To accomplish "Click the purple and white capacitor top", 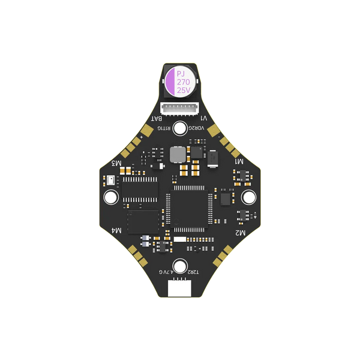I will click(180, 81).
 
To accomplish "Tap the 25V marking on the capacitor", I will click(182, 90).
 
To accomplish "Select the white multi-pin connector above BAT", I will click(180, 109).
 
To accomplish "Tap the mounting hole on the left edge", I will click(111, 196).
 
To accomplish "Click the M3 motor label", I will click(118, 163).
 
